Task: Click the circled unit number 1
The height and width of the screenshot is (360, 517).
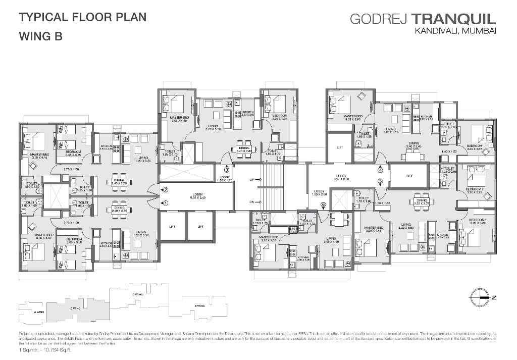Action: click(x=165, y=203)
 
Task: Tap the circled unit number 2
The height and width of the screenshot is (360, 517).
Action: click(x=165, y=190)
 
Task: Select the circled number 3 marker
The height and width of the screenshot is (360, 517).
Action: click(x=227, y=170)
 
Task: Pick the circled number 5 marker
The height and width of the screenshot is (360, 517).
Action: click(x=381, y=181)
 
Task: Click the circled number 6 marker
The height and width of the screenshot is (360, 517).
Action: click(x=323, y=204)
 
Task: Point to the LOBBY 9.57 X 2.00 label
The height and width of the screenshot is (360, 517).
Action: click(x=342, y=178)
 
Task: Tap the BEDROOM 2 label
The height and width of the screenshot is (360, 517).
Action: click(x=476, y=190)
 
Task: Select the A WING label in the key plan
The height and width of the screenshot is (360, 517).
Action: click(x=39, y=313)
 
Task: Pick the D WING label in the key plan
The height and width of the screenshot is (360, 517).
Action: click(x=200, y=305)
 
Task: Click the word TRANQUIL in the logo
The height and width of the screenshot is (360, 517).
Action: click(x=454, y=20)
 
